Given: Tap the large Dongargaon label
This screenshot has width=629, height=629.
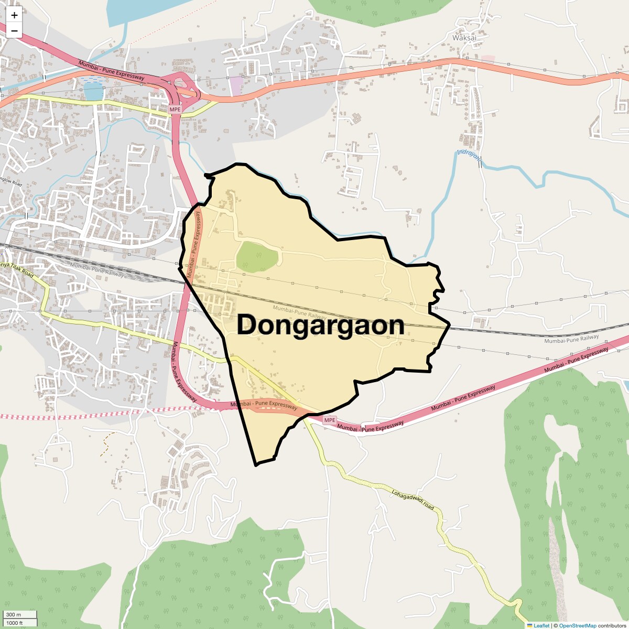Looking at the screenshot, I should coord(320,325).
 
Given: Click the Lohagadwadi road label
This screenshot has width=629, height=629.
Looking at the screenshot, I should coord(414,501).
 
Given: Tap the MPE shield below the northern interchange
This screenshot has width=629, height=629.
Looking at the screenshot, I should coord(175,110).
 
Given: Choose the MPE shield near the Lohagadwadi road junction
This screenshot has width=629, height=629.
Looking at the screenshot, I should coord(329,420).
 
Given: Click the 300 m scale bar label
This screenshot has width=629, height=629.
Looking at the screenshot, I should coord(14,614).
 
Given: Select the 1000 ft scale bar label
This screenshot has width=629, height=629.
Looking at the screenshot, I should coord(15,623).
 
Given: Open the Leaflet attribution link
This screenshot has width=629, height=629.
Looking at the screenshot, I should coord(541,625).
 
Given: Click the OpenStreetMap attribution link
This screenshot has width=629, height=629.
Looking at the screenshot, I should coord(577,625).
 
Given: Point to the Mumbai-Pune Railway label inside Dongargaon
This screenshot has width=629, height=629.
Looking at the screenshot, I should coord(300,313).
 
